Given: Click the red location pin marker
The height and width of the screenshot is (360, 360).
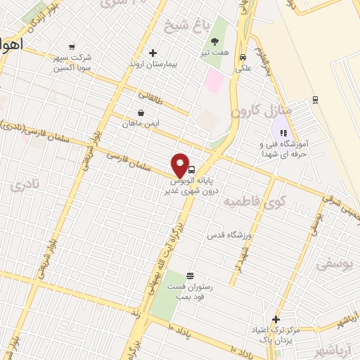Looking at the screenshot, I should click(181, 166).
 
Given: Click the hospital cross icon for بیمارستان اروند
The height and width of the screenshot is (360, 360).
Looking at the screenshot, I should click(153, 53).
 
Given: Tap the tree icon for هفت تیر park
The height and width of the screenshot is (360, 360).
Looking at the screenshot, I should click(214, 41).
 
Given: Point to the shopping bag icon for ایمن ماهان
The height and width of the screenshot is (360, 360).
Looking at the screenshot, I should click(141, 112).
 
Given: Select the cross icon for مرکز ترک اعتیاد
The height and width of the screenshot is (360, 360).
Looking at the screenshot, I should click(276, 319).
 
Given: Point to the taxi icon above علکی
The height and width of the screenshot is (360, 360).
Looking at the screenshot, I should click(243, 58).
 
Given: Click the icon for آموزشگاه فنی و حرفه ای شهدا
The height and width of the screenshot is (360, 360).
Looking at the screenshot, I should click(283, 132).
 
